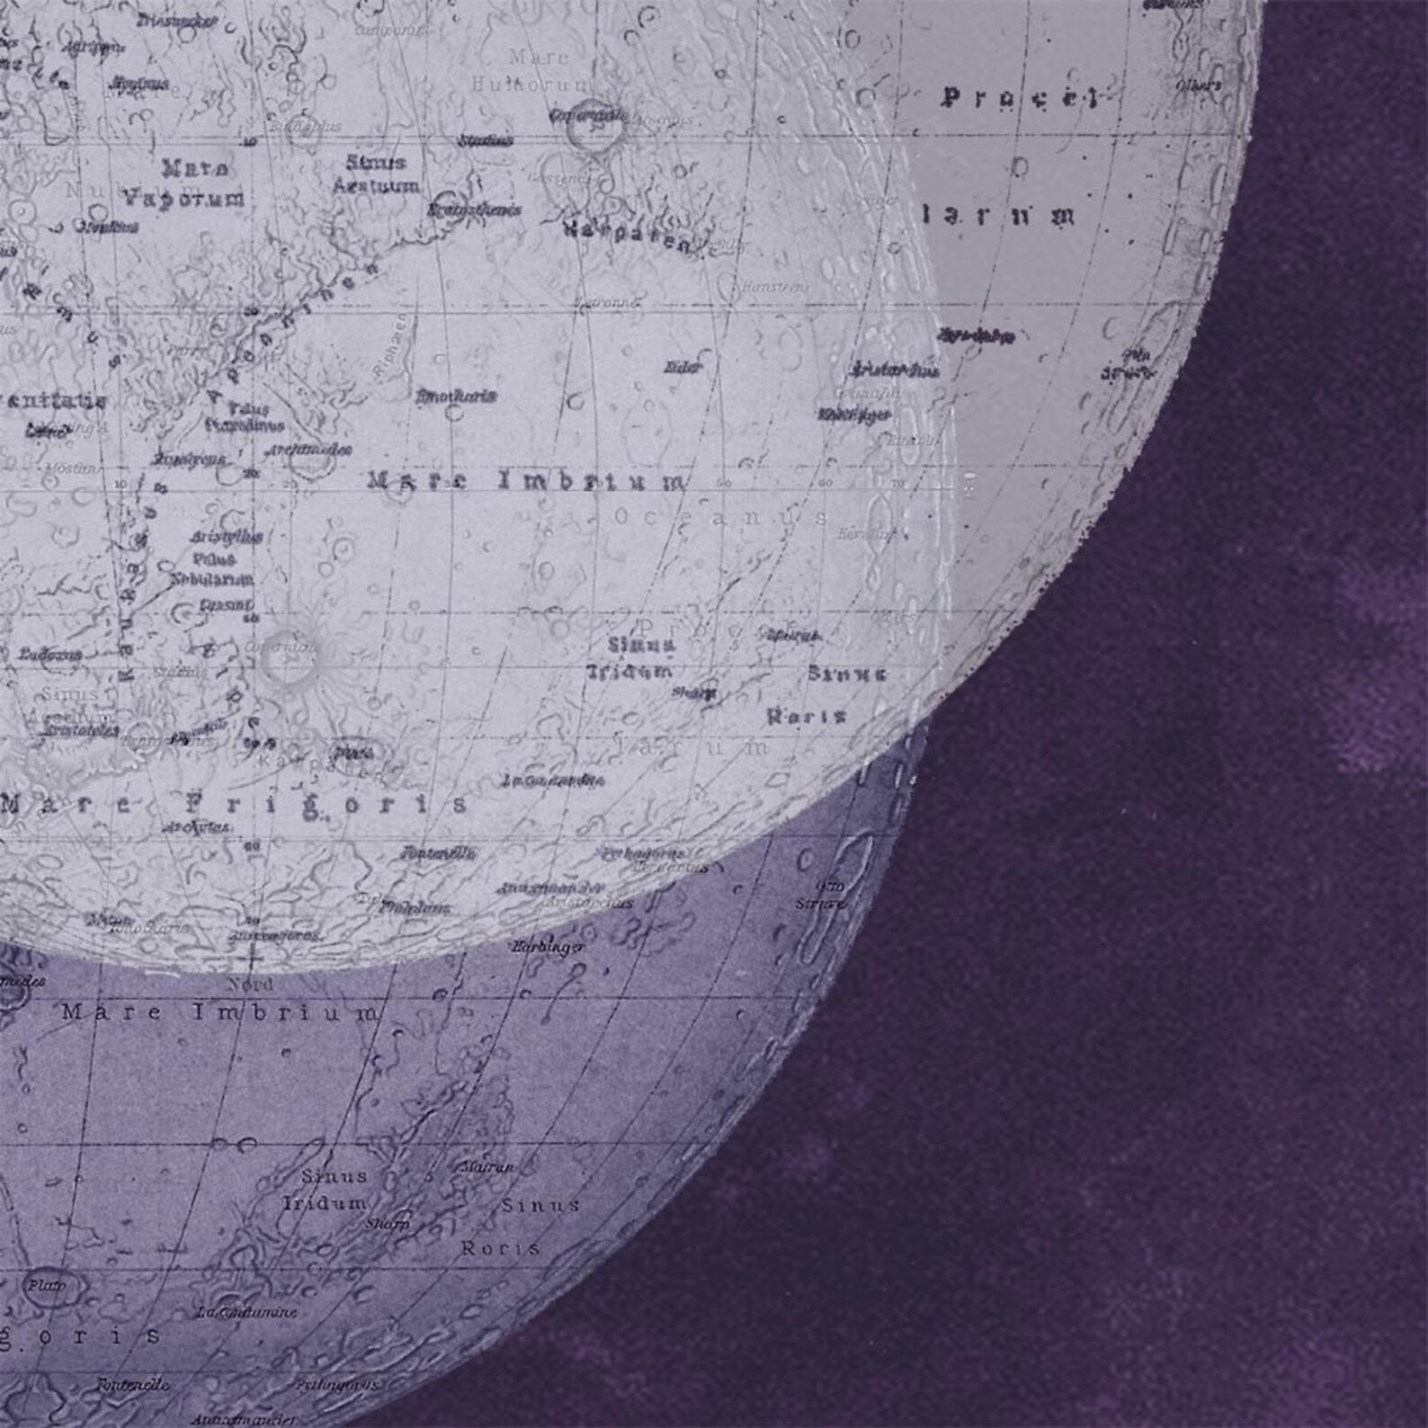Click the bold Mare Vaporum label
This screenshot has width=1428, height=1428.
pos(184,183)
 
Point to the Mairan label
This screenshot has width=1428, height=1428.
pos(487,1166)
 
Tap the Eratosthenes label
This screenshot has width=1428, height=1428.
pos(462,210)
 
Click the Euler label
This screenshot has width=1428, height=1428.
pos(683,367)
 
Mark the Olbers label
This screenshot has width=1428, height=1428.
pos(1199,85)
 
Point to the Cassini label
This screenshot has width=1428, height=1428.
pos(225,605)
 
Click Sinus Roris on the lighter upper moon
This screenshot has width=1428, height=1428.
pos(827,694)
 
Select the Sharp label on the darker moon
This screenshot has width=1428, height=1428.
pos(387,1224)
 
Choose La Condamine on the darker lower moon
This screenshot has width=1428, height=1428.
pos(247,1312)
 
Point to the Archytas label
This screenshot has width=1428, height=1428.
pos(196,826)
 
